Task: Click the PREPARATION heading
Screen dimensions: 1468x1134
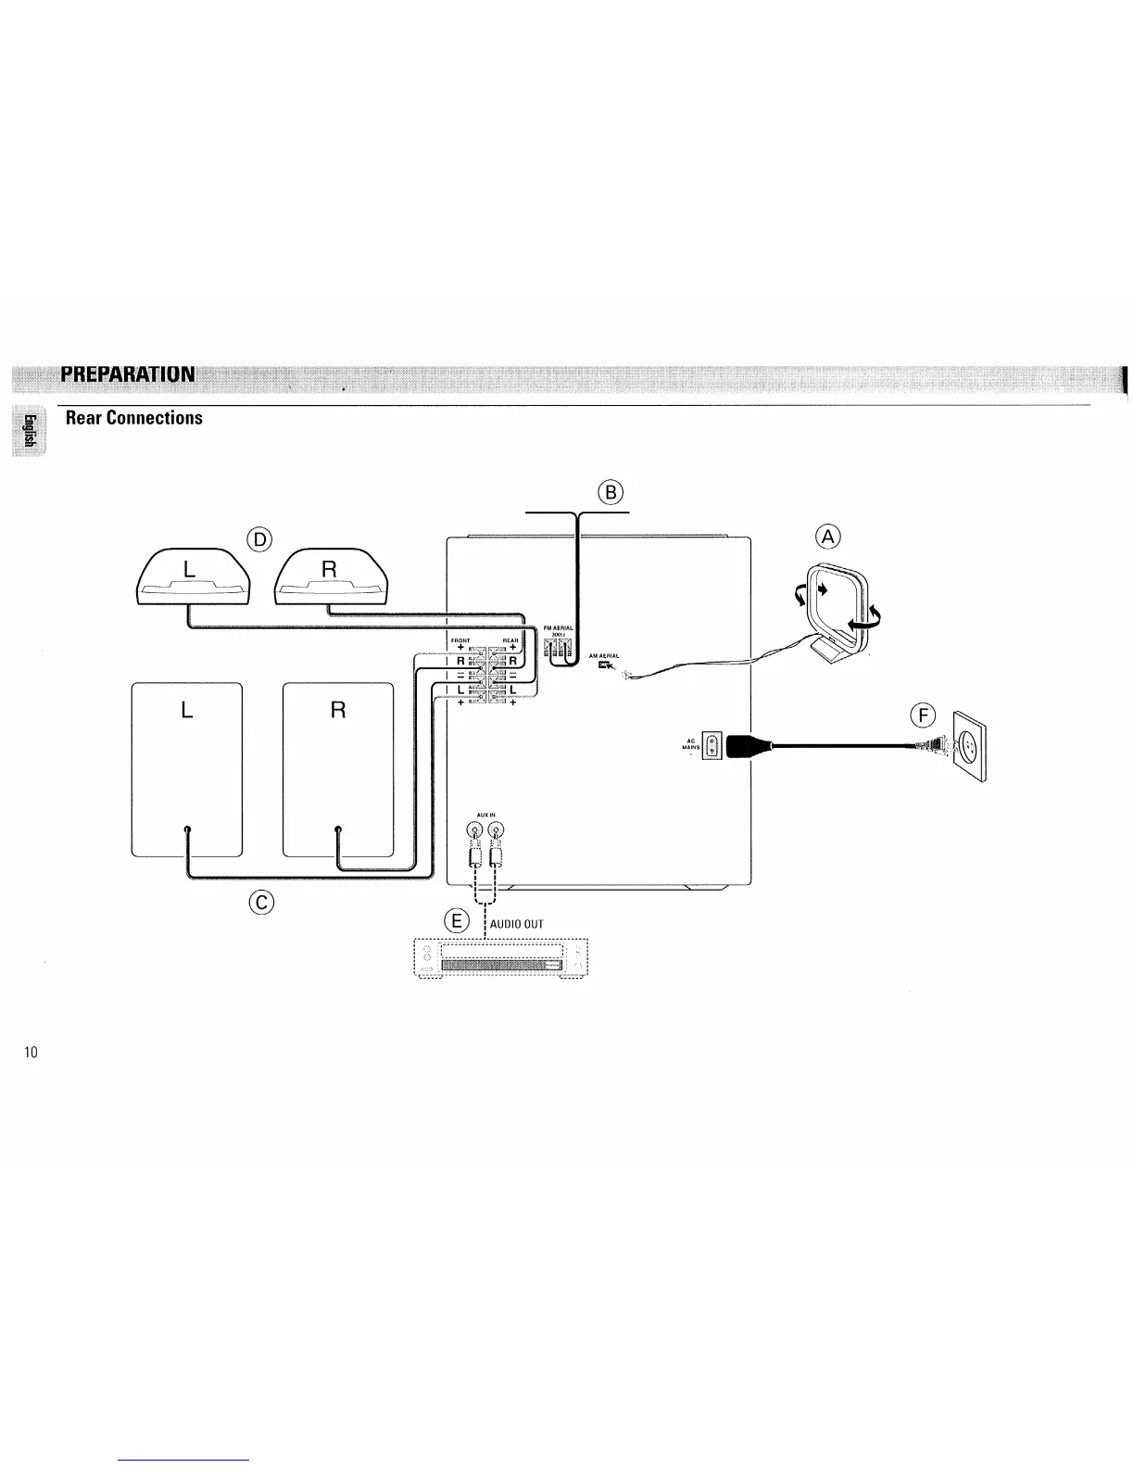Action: [x=127, y=374]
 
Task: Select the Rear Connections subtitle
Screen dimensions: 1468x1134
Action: [x=133, y=418]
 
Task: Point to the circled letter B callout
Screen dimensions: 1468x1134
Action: [x=611, y=491]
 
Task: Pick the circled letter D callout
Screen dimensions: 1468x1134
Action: [x=259, y=539]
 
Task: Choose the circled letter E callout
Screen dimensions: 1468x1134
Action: [x=456, y=921]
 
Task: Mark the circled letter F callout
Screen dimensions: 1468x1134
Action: [x=923, y=714]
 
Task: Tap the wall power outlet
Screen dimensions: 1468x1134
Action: [x=970, y=745]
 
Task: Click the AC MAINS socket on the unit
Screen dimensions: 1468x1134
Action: [x=711, y=745]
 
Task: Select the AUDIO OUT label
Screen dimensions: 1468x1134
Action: [x=517, y=924]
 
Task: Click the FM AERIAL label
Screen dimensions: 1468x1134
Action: [x=559, y=629]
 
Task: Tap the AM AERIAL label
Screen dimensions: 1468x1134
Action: [x=603, y=655]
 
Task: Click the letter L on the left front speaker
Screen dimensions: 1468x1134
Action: [x=187, y=711]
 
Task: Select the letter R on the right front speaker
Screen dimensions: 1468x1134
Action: [x=338, y=711]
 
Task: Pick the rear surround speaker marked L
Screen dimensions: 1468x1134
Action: [x=194, y=579]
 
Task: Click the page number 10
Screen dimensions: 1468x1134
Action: [x=31, y=1052]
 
